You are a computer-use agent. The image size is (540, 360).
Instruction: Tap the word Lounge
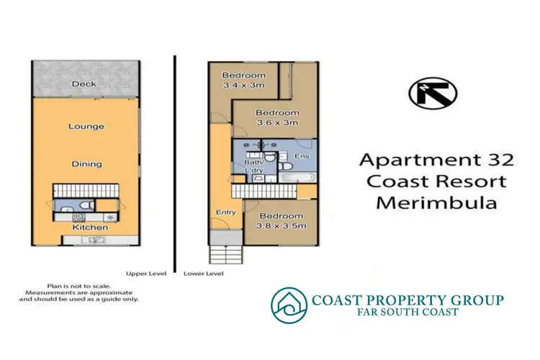tap(86, 127)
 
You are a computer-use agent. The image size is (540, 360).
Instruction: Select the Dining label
tap(86, 164)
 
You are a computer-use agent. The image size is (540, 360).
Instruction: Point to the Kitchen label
tap(89, 228)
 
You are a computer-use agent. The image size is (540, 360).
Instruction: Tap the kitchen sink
tap(95, 240)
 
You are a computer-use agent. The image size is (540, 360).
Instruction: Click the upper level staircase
tap(85, 192)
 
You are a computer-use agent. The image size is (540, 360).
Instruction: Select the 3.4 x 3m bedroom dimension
tap(243, 86)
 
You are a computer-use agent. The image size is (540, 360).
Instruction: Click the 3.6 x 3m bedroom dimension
tap(277, 123)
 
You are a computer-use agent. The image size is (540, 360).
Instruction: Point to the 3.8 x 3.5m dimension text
tap(281, 227)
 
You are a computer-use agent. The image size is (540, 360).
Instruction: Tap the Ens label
tap(302, 157)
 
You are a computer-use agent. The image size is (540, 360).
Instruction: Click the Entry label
tap(227, 212)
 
